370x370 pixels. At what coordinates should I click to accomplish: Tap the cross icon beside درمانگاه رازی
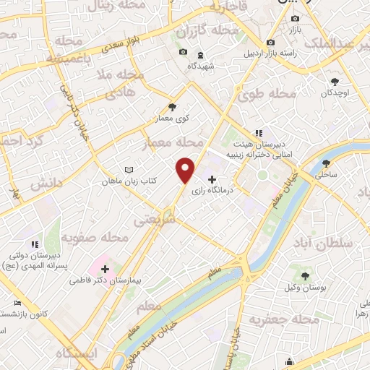(x=212, y=179)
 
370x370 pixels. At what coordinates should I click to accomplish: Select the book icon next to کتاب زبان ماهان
(x=129, y=170)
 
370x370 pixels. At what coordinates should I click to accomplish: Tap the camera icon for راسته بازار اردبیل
(x=270, y=42)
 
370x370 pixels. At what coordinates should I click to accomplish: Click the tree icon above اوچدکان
(x=334, y=82)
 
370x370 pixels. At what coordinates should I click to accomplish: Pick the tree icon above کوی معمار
(x=172, y=106)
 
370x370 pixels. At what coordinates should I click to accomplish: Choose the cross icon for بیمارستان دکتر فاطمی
(x=106, y=269)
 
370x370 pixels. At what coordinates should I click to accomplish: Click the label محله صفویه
(x=95, y=237)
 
